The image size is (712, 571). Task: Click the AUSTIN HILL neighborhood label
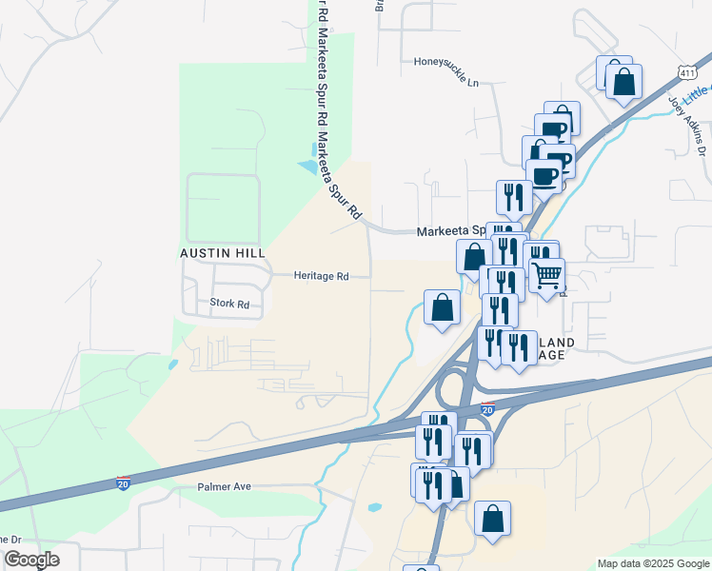pyautogui.click(x=222, y=253)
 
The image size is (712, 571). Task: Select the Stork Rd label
pyautogui.click(x=228, y=305)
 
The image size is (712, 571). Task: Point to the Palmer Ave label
pyautogui.click(x=224, y=486)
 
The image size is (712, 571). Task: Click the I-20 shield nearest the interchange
pyautogui.click(x=487, y=409)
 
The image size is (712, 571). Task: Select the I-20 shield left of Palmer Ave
pyautogui.click(x=123, y=483)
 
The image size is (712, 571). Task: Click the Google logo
pyautogui.click(x=31, y=560)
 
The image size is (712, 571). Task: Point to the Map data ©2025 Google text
pyautogui.click(x=652, y=563)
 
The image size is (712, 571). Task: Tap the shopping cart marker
pyautogui.click(x=546, y=275)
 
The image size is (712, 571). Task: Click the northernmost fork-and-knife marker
pyautogui.click(x=514, y=197)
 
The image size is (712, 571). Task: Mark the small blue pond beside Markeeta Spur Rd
pyautogui.click(x=308, y=167)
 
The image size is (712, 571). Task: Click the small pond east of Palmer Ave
pyautogui.click(x=373, y=507)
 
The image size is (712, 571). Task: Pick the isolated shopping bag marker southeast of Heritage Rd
pyautogui.click(x=442, y=307)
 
